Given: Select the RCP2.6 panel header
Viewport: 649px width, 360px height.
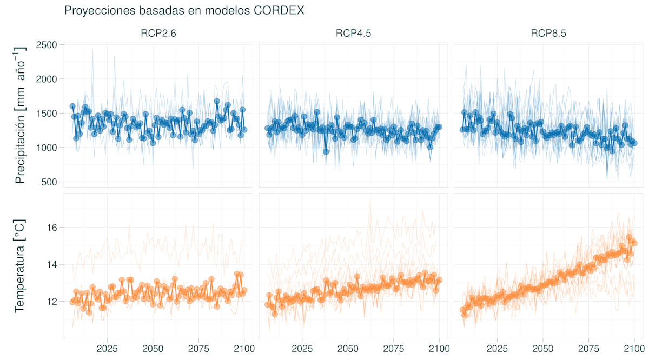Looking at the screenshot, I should click(158, 34).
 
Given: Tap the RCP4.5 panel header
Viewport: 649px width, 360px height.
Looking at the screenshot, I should click(353, 34).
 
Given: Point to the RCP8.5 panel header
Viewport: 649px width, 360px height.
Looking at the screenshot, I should click(548, 34).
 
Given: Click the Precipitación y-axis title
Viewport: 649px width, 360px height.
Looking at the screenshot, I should click(21, 116).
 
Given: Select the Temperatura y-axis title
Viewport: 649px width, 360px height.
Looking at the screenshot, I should click(21, 265).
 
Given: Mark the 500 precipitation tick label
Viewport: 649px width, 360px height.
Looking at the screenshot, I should click(50, 182).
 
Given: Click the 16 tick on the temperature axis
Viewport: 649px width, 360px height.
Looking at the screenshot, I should click(52, 228).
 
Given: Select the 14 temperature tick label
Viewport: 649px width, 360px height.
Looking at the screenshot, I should click(52, 264).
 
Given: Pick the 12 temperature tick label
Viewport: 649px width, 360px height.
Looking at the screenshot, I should click(52, 301).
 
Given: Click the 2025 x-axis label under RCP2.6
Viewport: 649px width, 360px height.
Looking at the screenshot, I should click(107, 349).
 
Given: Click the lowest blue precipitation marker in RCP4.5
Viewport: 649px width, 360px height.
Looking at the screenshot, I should click(326, 152).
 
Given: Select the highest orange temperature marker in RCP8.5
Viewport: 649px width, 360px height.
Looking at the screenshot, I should click(629, 237).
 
